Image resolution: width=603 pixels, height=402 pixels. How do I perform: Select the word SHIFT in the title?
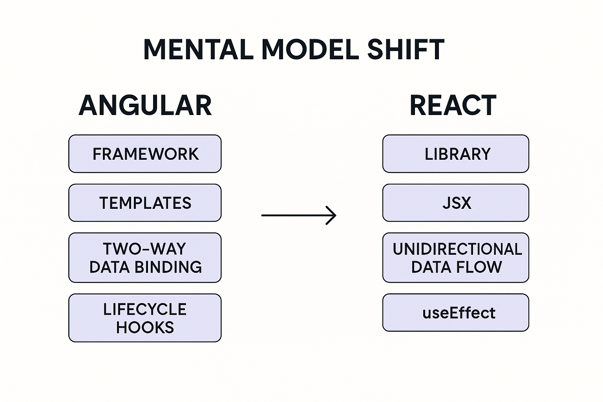tap(406, 50)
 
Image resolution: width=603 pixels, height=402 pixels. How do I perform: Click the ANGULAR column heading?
tap(145, 106)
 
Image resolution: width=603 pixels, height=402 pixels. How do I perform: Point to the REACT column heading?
tap(453, 106)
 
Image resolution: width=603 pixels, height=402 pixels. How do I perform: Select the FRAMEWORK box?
tap(145, 154)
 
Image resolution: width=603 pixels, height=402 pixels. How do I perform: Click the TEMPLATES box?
tap(145, 203)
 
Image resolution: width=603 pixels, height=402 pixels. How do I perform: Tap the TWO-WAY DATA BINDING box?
tap(145, 258)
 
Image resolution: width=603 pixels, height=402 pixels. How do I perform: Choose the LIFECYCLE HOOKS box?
tap(145, 318)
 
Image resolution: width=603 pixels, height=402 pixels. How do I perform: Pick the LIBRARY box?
tap(456, 154)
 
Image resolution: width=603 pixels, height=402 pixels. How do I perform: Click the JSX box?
tap(456, 203)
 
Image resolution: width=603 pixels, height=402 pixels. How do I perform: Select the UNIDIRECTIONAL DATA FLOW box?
tap(456, 258)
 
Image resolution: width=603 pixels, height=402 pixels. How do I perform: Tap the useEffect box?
tap(456, 313)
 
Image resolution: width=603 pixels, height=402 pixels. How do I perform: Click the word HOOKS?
tap(145, 327)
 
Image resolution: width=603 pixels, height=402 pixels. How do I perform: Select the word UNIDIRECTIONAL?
tap(457, 249)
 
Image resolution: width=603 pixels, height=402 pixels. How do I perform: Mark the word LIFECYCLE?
tap(145, 309)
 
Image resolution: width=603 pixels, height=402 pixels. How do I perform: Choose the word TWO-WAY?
tap(144, 249)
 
